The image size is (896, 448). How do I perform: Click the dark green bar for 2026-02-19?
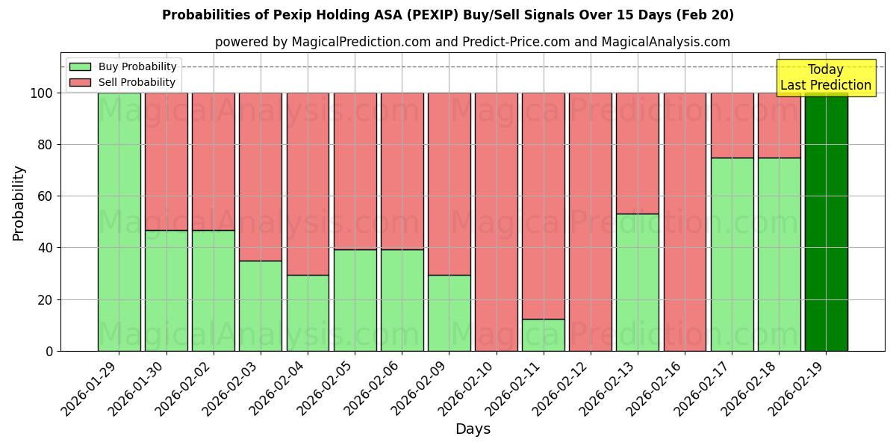[826, 222]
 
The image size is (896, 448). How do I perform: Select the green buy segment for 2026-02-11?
[544, 335]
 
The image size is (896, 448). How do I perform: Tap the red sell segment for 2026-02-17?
[732, 125]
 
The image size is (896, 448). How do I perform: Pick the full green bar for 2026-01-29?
[119, 222]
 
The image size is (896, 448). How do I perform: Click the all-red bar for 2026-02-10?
[496, 222]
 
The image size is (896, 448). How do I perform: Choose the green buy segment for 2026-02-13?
[638, 282]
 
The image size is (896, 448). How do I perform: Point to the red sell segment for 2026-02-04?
[308, 184]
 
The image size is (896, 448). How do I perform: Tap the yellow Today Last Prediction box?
[826, 78]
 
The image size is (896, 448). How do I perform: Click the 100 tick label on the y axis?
[40, 93]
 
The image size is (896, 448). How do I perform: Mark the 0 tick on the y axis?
[49, 351]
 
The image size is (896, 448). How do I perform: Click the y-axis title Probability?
[19, 202]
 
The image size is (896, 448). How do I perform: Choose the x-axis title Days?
[473, 429]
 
